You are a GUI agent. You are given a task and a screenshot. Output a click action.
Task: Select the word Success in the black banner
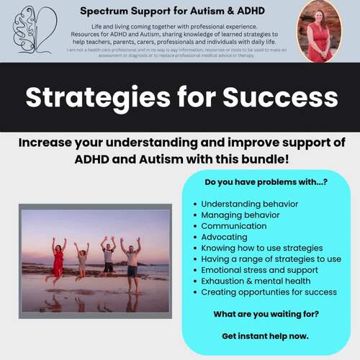click(x=277, y=97)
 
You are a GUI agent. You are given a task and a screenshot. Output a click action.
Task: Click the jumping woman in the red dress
click(x=58, y=259)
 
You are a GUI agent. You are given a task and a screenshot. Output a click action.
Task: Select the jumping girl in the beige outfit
click(x=81, y=261)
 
